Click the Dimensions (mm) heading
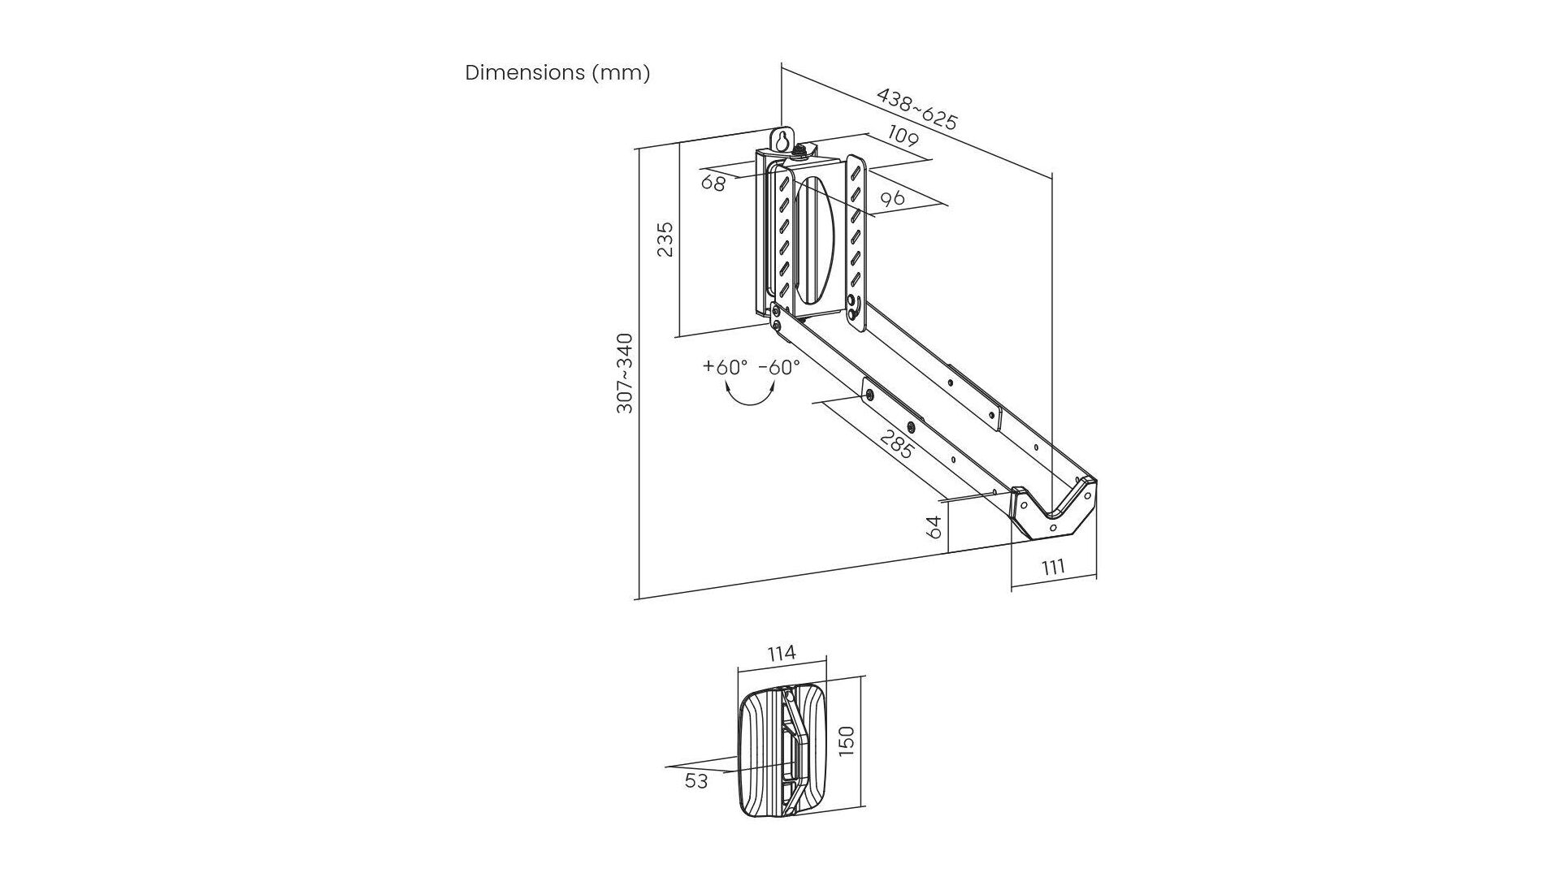(557, 73)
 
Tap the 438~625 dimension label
(917, 109)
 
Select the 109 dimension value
(903, 136)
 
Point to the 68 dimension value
(713, 183)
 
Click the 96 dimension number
(892, 197)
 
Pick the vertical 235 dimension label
(665, 239)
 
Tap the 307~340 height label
(625, 373)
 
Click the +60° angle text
(725, 366)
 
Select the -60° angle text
(779, 366)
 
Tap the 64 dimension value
(934, 527)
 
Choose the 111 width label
(1053, 566)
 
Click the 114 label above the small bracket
(781, 652)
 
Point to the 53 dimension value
(696, 781)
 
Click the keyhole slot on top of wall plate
(782, 140)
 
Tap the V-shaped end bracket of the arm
(1055, 512)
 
